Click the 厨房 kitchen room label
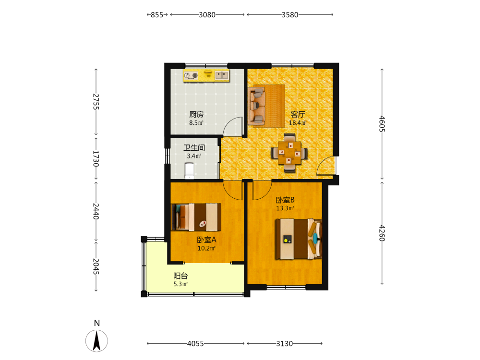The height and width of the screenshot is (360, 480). click(196, 115)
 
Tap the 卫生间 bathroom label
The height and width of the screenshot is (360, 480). click(194, 147)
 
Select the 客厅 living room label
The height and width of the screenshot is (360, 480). click(298, 115)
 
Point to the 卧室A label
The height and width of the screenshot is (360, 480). click(206, 240)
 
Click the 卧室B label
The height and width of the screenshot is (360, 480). click(285, 200)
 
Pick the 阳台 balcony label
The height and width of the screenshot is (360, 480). click(180, 276)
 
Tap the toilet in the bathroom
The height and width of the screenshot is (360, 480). click(190, 171)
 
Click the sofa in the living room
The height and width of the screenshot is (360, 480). click(256, 106)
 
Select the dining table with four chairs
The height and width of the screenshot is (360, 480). click(289, 153)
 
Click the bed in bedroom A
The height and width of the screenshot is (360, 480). click(196, 217)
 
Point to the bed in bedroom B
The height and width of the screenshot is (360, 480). click(299, 239)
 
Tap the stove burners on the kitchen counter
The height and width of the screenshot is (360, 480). click(191, 75)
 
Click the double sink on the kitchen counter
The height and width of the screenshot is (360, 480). click(222, 75)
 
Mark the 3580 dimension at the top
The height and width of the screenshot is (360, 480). click(290, 15)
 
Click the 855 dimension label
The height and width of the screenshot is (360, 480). click(157, 15)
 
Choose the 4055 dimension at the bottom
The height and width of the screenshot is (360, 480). click(196, 344)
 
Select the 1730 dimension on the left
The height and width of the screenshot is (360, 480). click(96, 158)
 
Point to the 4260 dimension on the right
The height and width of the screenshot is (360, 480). click(382, 233)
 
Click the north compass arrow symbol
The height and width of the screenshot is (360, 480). click(97, 341)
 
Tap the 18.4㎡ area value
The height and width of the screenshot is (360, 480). click(298, 123)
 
